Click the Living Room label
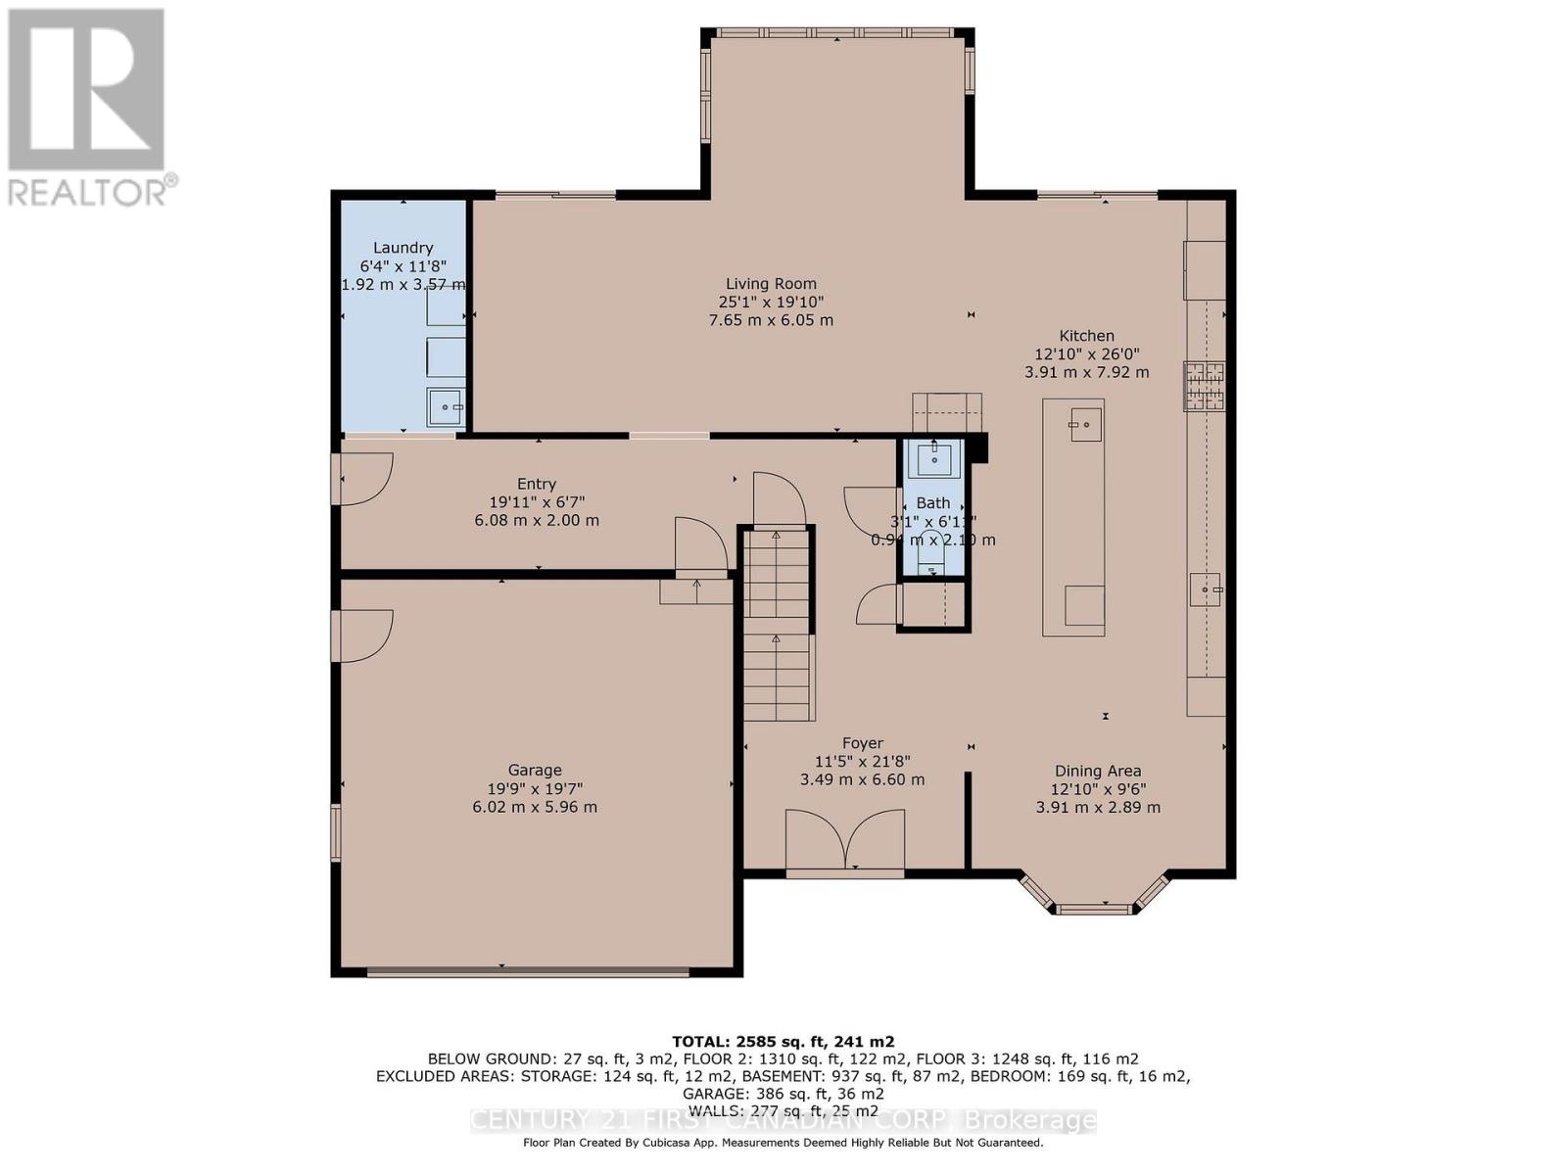click(771, 284)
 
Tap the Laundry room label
click(403, 248)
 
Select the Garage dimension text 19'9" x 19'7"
click(535, 788)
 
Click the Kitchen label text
click(1086, 335)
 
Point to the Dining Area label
click(1098, 771)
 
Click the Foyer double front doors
click(845, 839)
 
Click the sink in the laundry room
click(447, 406)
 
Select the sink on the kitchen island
click(1085, 425)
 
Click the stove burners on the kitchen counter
click(1203, 385)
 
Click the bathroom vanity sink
click(932, 457)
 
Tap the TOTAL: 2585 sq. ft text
click(782, 1042)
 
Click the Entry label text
click(536, 484)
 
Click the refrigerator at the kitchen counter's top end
click(1205, 269)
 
